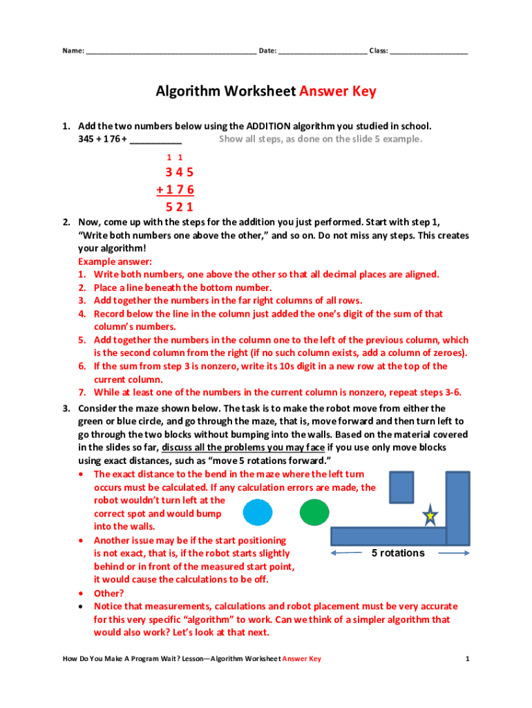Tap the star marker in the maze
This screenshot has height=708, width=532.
coord(430,516)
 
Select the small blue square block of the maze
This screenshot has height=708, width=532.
coord(401,487)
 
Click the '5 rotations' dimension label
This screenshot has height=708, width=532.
coord(398,553)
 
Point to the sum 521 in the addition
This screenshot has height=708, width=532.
coord(179,207)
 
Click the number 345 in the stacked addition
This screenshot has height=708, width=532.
coord(179,172)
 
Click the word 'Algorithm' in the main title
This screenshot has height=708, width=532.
coord(185,92)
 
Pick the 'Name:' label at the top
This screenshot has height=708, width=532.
coord(73,51)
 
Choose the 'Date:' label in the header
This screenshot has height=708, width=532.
coord(267,51)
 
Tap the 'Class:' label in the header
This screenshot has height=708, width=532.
coord(378,51)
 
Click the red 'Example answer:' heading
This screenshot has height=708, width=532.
coord(115,261)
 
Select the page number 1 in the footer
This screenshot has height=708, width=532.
coord(467,659)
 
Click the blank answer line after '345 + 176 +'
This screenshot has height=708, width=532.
coord(155,140)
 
